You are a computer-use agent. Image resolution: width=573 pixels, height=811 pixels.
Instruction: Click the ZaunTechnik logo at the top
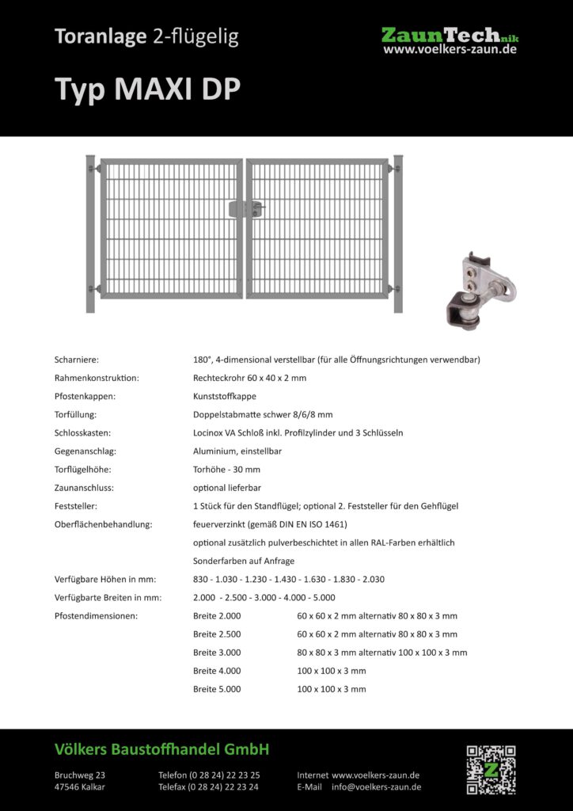coord(450,35)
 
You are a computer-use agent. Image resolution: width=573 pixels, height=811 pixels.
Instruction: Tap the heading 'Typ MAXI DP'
coord(147,89)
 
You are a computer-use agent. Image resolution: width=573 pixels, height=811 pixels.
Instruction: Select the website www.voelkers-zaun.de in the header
coord(450,50)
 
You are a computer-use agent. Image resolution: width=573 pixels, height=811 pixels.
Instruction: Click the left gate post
coord(90,233)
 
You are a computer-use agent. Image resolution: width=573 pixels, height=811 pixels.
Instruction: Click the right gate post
coord(398,233)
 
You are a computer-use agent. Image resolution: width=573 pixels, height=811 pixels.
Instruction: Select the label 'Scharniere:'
coord(77,360)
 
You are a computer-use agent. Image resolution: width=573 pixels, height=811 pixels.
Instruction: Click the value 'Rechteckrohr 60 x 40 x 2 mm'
coord(249,378)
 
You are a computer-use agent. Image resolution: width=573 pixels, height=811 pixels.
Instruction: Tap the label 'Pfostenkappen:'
coord(85,396)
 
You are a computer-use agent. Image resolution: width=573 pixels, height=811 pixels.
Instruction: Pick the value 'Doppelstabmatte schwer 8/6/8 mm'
coord(263,414)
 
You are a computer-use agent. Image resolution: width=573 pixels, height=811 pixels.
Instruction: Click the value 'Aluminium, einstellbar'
coord(237,451)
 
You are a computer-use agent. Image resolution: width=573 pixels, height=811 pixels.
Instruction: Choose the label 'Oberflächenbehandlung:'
coord(103,524)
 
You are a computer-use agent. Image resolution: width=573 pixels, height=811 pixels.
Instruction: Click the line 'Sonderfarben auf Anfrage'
coord(244,561)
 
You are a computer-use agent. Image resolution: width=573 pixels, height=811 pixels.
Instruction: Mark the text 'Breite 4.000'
coord(217,671)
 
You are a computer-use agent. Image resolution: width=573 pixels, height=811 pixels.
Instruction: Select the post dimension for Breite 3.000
coord(381,653)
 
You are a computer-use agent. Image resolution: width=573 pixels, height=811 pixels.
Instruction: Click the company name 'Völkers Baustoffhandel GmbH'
coord(162,748)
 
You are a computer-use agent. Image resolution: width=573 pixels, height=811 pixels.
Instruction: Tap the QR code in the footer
coord(490,769)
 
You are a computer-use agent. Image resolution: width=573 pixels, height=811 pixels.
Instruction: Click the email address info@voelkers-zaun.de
coord(376,787)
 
